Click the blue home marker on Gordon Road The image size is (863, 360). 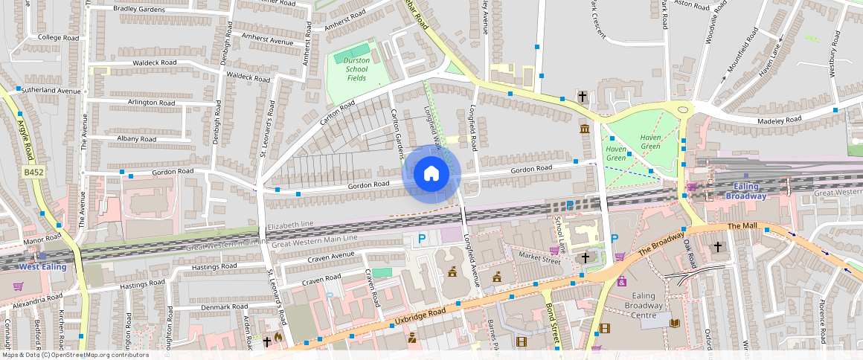[x=431, y=174]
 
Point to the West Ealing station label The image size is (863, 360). [x=42, y=266]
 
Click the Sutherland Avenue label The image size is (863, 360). [x=51, y=91]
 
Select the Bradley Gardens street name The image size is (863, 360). [x=139, y=9]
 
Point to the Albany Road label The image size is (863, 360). [x=136, y=139]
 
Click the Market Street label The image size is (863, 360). [x=539, y=257]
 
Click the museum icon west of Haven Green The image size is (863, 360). [x=584, y=130]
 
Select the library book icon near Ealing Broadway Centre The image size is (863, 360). [x=675, y=323]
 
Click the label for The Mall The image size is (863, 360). [x=742, y=226]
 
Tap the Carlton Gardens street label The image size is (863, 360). [x=397, y=134]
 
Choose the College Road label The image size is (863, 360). [x=58, y=37]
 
